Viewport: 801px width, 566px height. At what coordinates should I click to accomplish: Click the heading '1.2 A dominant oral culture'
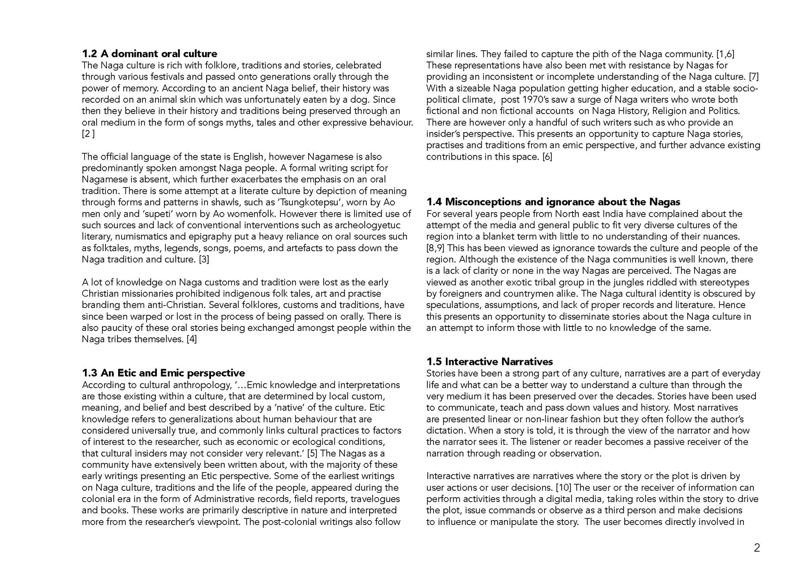tap(150, 54)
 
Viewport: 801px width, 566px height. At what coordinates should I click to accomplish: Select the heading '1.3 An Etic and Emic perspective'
tap(163, 373)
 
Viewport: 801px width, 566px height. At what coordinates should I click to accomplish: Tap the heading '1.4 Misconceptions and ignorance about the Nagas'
tap(553, 202)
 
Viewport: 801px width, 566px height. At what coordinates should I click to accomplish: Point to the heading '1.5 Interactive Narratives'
tap(490, 362)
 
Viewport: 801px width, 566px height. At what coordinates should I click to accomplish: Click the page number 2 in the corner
tap(757, 547)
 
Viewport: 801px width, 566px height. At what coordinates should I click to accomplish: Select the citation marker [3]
tap(203, 260)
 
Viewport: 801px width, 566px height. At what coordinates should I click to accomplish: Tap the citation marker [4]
tap(191, 339)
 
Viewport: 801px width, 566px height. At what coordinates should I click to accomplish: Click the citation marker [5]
tap(312, 453)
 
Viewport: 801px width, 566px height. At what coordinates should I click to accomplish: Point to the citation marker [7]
tap(753, 77)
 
